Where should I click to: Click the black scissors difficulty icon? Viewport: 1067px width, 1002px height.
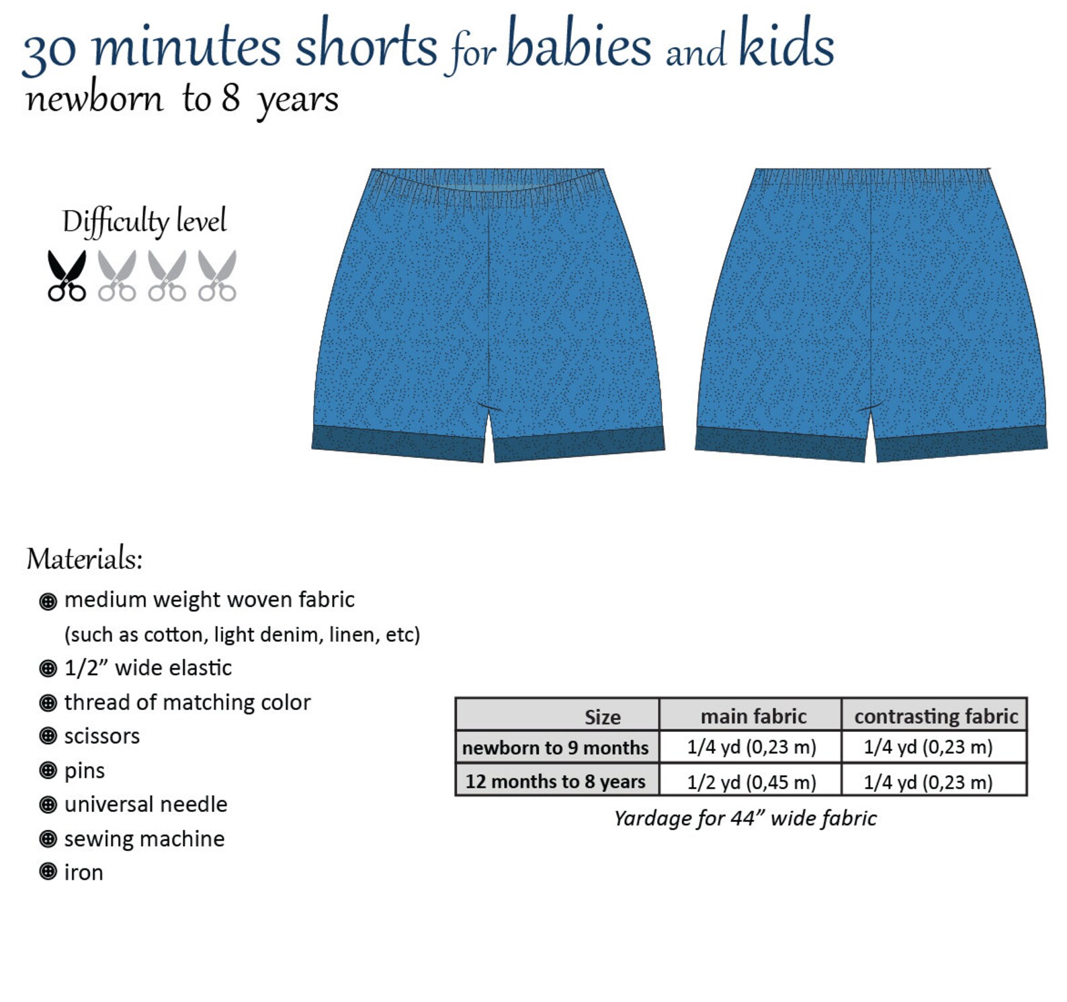tap(67, 275)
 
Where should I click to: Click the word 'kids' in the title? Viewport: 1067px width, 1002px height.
tap(786, 44)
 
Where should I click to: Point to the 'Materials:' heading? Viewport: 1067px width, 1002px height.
tap(85, 559)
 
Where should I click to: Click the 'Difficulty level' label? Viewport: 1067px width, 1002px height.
tap(144, 222)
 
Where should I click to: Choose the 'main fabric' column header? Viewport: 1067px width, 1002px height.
tap(753, 716)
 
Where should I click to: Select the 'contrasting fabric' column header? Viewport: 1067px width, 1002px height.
tap(936, 716)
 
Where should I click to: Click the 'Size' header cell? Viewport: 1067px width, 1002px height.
tap(602, 717)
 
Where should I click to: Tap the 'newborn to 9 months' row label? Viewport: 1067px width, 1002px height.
tap(555, 747)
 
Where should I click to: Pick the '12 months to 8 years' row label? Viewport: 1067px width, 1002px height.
tap(555, 781)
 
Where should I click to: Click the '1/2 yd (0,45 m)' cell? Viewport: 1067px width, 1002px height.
tap(751, 782)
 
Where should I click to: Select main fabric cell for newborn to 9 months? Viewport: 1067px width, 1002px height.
tap(751, 747)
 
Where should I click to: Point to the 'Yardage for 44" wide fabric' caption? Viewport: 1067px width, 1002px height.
tap(745, 818)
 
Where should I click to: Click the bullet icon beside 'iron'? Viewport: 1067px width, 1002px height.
tap(48, 872)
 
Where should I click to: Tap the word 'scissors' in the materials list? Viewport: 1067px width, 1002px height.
tap(102, 736)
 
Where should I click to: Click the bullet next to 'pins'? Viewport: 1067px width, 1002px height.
tap(48, 770)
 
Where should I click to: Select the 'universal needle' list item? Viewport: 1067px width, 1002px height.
tap(146, 804)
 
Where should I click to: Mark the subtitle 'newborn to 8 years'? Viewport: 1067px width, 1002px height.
tap(181, 99)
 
